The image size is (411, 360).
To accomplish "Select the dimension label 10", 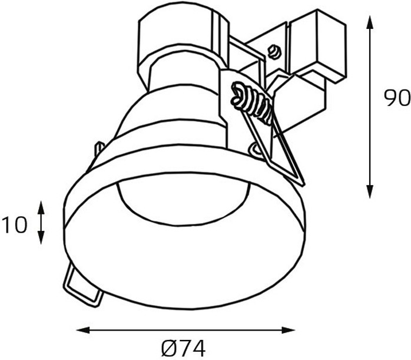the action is tap(14, 224).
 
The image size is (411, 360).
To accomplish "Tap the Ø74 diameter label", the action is tap(183, 348).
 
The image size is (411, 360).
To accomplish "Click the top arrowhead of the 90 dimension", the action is tap(370, 22).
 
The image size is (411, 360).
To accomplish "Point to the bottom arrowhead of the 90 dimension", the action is tap(370, 191).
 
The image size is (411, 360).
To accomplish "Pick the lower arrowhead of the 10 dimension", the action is tap(41, 237).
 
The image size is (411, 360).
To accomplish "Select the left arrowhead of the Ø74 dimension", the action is tap(83, 330).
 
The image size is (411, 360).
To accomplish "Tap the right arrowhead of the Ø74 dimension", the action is tap(289, 330).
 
